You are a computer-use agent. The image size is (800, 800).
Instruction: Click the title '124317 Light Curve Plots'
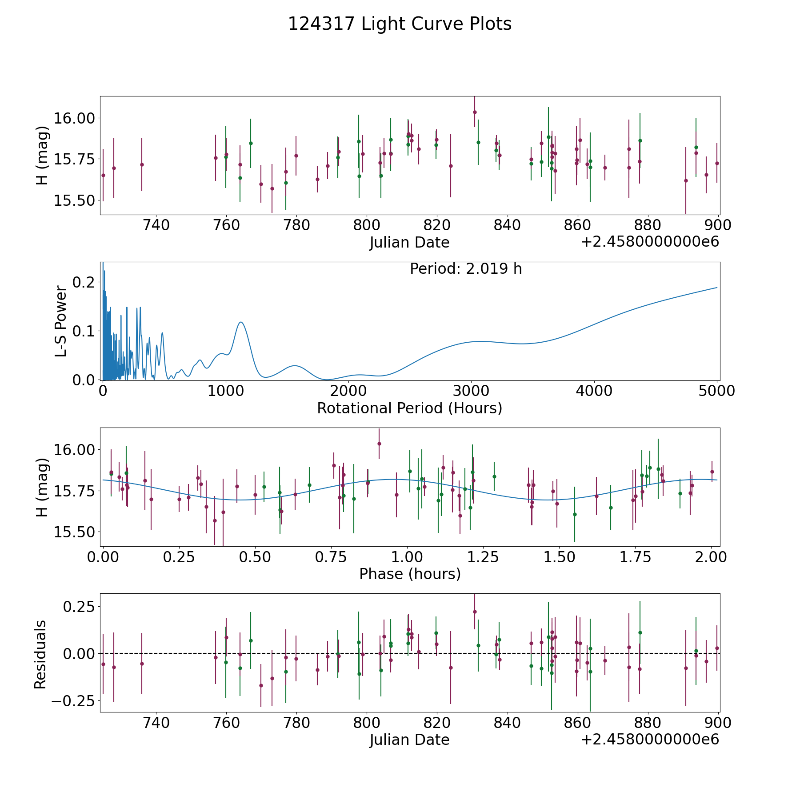click(400, 24)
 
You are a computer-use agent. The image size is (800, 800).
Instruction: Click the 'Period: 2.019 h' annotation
click(466, 269)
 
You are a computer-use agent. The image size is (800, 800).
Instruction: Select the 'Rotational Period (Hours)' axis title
click(409, 408)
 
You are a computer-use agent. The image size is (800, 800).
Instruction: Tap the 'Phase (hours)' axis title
click(410, 574)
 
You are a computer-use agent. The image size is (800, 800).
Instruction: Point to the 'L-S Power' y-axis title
click(61, 321)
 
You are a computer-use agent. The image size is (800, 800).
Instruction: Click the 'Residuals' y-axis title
click(40, 655)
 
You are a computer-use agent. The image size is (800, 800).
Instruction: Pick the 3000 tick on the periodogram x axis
click(471, 391)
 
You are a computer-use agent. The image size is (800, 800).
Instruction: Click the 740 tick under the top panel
click(156, 225)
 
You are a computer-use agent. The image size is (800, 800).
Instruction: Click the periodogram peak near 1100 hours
click(241, 322)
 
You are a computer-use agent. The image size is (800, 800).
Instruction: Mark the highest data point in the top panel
click(475, 112)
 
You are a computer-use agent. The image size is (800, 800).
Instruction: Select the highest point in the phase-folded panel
click(379, 444)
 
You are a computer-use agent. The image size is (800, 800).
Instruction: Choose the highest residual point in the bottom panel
click(475, 612)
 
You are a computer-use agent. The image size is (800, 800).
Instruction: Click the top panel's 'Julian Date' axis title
click(409, 243)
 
